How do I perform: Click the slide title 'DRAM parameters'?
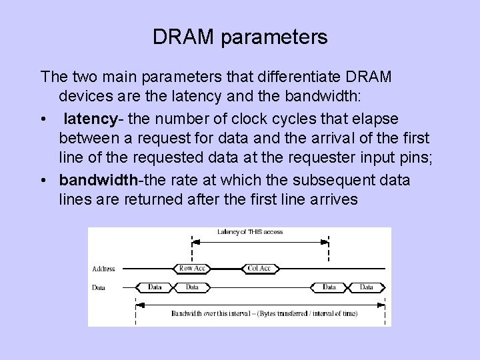click(x=240, y=37)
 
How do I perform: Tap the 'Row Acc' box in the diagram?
click(x=192, y=269)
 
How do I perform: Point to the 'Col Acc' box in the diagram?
click(x=259, y=269)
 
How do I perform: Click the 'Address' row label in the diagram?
click(x=103, y=269)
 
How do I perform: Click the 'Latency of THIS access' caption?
click(x=250, y=232)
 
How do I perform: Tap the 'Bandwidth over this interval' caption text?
click(x=263, y=313)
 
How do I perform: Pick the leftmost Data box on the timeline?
click(x=155, y=287)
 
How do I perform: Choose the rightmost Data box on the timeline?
click(x=367, y=287)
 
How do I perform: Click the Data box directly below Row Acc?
click(x=192, y=287)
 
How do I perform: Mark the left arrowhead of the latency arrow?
click(x=195, y=240)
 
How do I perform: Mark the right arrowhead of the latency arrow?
click(x=327, y=240)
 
